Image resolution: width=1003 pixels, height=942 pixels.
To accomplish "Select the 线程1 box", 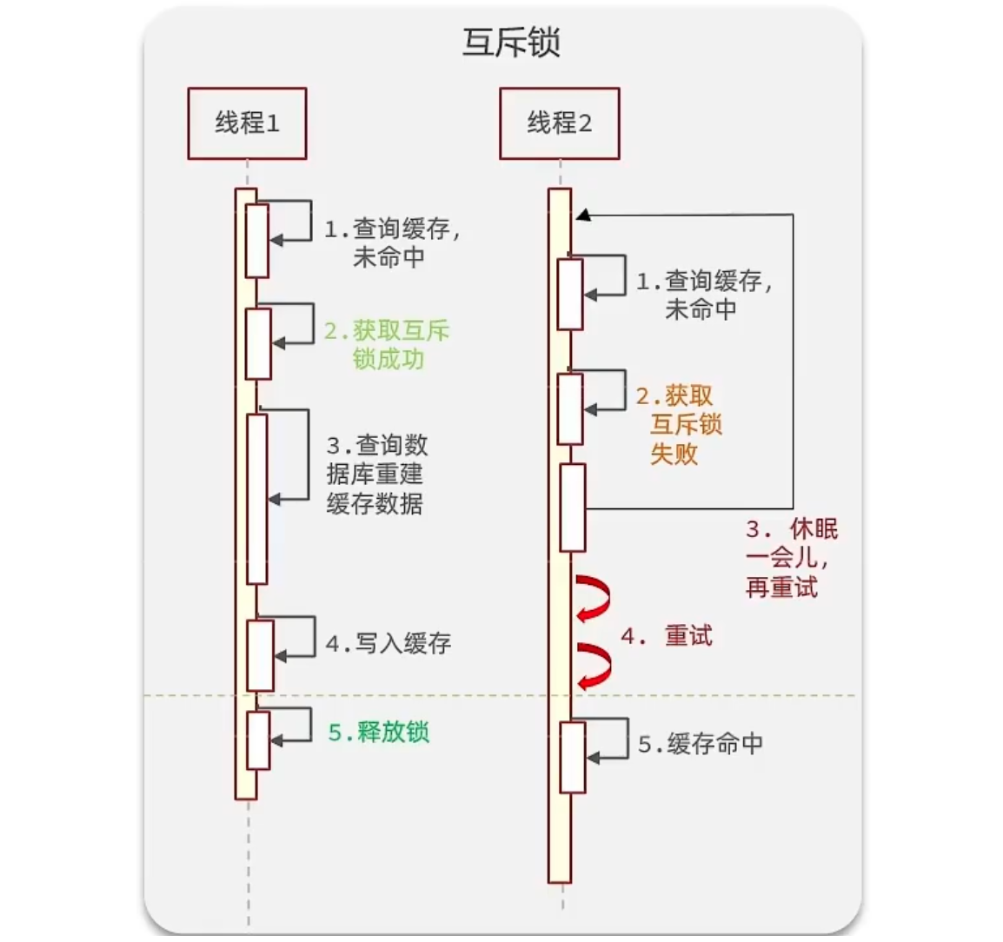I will click(x=247, y=123).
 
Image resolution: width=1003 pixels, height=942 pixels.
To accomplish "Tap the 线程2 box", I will click(x=559, y=123).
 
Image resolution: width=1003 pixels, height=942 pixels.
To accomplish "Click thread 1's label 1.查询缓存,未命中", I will click(x=391, y=242).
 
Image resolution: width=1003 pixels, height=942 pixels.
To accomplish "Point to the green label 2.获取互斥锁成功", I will click(x=388, y=344).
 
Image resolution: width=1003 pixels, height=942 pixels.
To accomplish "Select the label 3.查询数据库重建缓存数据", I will click(x=376, y=474).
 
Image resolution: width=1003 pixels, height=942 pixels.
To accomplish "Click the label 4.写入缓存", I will click(x=389, y=644).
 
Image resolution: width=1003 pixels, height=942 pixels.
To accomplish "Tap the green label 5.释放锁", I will click(x=379, y=733).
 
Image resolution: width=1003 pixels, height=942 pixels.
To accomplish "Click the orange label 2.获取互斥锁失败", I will click(x=679, y=425).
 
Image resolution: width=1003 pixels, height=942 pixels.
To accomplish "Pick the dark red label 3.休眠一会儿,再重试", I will click(x=790, y=559).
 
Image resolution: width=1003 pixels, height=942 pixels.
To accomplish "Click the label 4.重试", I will click(x=667, y=636).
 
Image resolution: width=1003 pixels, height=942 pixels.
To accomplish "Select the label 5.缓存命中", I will click(x=701, y=744).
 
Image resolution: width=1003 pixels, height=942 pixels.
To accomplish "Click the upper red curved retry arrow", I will click(x=593, y=597).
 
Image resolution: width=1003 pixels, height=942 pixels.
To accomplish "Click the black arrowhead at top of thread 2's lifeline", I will click(x=582, y=215).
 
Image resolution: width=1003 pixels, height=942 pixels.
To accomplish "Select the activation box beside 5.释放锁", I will click(x=257, y=740).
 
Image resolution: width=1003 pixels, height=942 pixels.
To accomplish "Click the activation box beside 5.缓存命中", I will click(x=572, y=757).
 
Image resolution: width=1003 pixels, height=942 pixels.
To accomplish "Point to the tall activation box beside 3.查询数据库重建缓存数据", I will click(x=256, y=499).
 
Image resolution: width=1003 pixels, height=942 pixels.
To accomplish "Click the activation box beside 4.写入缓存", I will click(x=260, y=655).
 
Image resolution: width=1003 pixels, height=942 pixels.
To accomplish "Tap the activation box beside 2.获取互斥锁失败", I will click(x=569, y=408).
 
